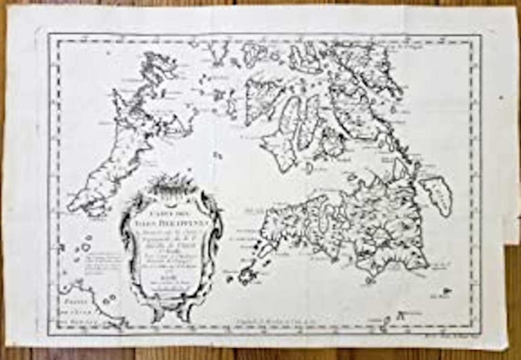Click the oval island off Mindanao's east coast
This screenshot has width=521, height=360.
[x=436, y=194]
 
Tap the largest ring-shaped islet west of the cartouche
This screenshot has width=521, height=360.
[x=85, y=247]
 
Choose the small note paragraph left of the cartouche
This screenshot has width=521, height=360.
[x=91, y=266]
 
